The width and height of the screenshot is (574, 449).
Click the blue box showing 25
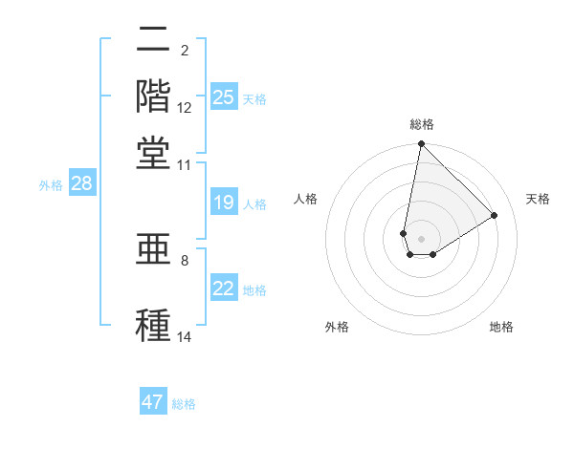[x=223, y=97]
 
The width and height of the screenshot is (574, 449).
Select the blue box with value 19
[x=223, y=203]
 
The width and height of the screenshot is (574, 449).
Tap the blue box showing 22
[x=223, y=289]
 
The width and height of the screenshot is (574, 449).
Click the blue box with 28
[x=81, y=184]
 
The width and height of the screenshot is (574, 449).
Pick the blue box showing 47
[x=153, y=402]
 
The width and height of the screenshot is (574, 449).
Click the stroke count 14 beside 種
[x=185, y=336]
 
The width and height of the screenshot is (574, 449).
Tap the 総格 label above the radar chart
[x=421, y=124]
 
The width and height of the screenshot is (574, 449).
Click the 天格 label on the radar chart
[x=538, y=199]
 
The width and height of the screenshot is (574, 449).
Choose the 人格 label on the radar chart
[x=306, y=199]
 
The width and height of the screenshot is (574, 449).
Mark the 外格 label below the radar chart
[x=337, y=327]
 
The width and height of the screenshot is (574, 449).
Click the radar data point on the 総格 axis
[x=421, y=145]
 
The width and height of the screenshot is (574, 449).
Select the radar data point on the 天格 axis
[x=494, y=215]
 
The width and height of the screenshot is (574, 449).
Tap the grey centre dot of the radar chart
[x=421, y=238]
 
